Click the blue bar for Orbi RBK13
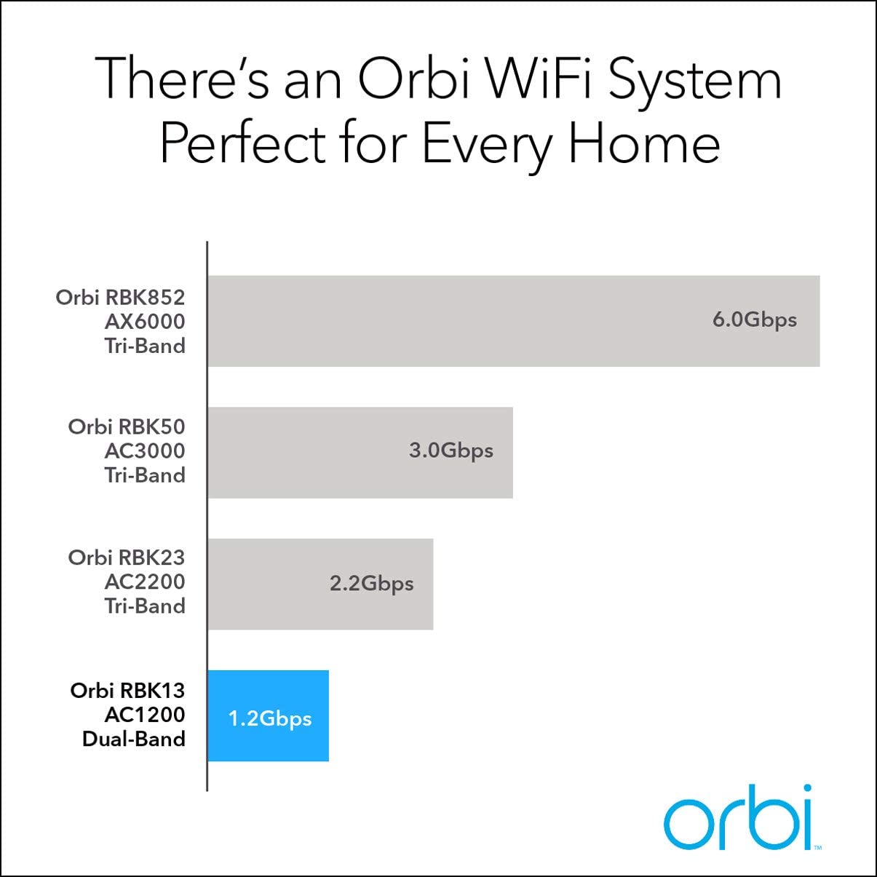[x=268, y=715]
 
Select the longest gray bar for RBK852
[x=514, y=321]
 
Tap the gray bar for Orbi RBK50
[x=360, y=453]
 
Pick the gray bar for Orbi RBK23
[x=320, y=584]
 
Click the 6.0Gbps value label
[x=755, y=320]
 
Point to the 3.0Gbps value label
[x=451, y=451]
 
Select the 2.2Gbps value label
[x=371, y=584]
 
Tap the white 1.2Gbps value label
[x=270, y=720]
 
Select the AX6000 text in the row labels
[x=145, y=322]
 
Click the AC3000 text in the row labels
[x=145, y=451]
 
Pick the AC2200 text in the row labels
[x=145, y=582]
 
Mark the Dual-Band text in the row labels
[x=134, y=739]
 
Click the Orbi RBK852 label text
[x=121, y=298]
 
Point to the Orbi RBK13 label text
[x=127, y=691]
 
